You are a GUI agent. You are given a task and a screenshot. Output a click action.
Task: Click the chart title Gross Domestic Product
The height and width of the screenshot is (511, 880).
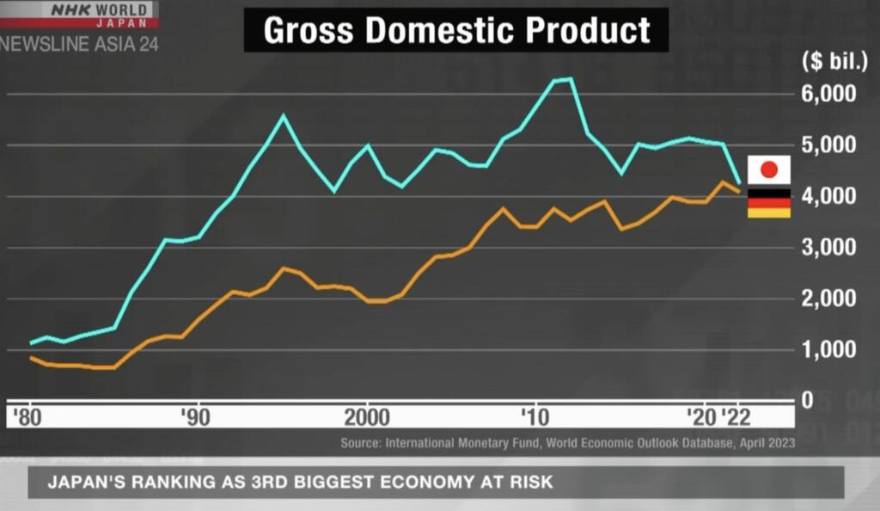(x=455, y=30)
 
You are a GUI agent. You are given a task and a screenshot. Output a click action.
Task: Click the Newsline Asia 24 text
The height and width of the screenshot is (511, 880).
(x=79, y=44)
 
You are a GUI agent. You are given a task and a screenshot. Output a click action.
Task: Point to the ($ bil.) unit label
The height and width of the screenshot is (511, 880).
(x=829, y=61)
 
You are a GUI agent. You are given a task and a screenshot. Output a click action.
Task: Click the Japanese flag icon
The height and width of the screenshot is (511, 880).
(x=769, y=169)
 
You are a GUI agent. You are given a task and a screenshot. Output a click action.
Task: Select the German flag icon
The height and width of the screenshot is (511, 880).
(x=769, y=202)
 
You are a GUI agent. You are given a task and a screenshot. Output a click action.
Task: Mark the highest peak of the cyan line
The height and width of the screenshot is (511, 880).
(x=569, y=79)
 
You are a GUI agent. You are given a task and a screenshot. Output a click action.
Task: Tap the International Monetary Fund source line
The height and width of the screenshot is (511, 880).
(x=567, y=443)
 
